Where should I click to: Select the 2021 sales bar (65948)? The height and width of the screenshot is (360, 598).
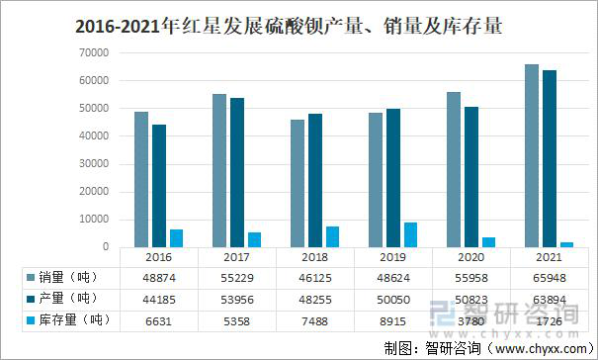[x=532, y=155]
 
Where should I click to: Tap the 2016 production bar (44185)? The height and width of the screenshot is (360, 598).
[x=159, y=186]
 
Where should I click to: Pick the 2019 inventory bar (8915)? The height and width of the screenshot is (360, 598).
[x=410, y=234]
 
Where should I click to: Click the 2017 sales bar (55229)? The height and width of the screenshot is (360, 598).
[x=219, y=170]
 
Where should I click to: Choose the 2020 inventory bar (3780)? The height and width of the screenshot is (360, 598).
[x=488, y=242]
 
